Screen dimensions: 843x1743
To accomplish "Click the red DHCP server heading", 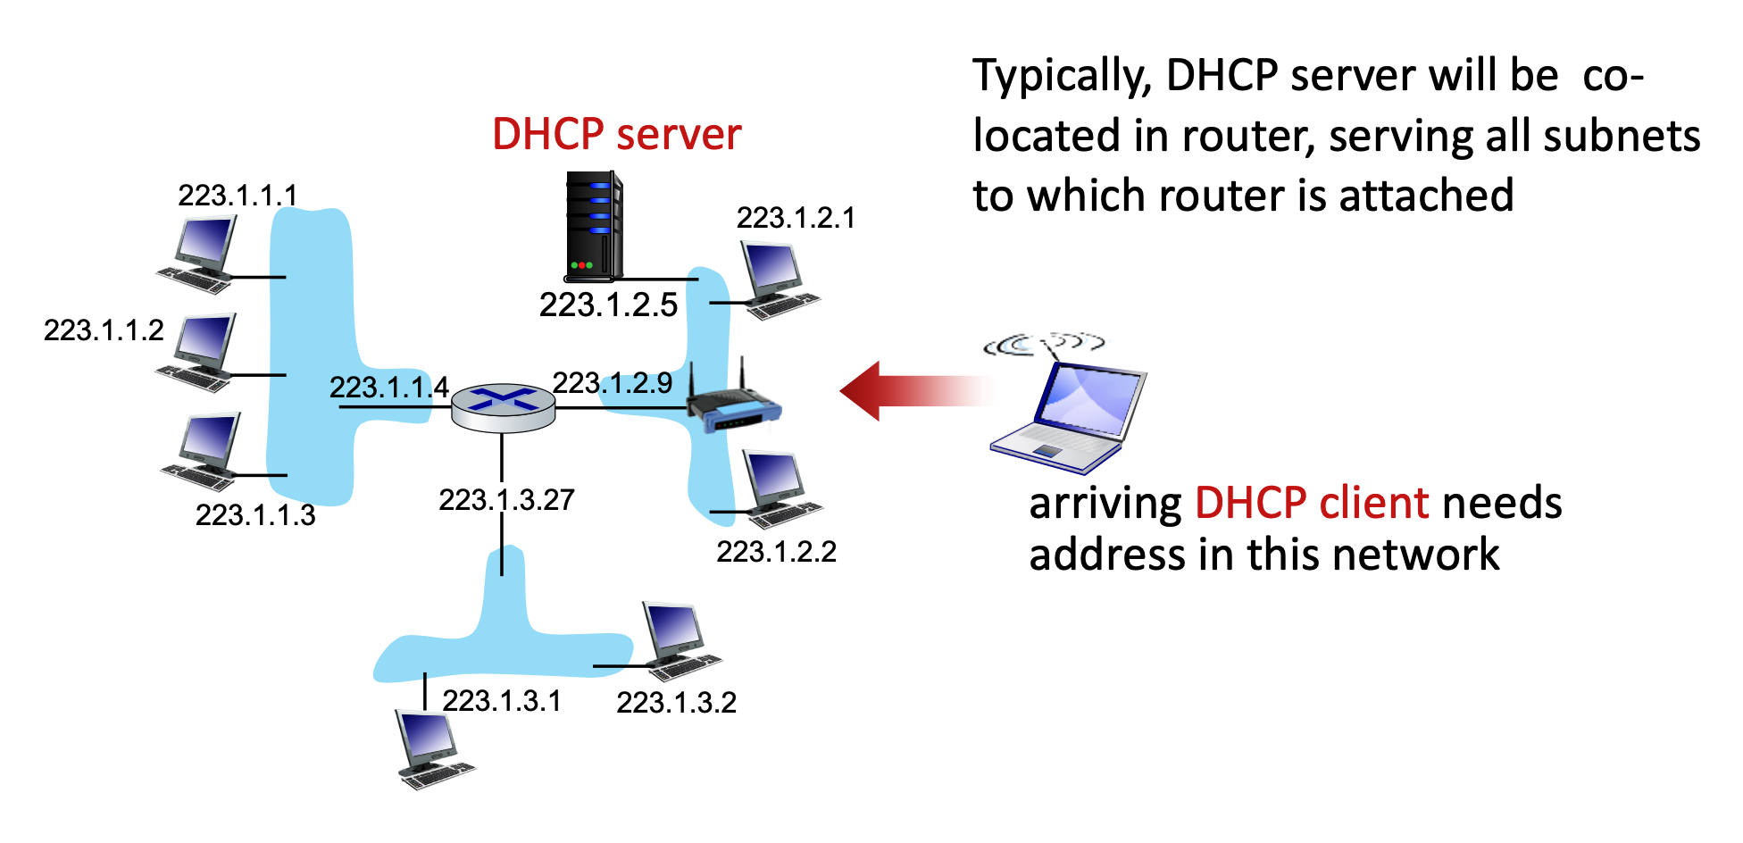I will [x=616, y=135].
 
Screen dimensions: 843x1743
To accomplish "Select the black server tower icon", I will [x=593, y=226].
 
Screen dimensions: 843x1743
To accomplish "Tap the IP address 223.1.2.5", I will [x=608, y=305].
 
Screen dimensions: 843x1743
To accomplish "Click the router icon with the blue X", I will [x=503, y=407].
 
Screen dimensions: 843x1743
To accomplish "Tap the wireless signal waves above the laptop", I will [x=1043, y=344].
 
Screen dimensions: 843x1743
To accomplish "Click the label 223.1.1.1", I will [x=238, y=196].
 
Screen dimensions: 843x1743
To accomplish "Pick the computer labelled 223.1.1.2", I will [x=200, y=351].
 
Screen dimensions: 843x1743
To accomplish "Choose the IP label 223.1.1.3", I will [x=255, y=515].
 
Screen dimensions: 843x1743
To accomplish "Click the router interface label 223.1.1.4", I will [x=388, y=388].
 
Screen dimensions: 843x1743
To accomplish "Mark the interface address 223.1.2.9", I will [x=612, y=383].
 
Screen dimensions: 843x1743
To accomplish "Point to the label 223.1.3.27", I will [x=506, y=500].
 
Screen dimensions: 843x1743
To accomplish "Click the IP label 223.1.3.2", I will [x=676, y=703].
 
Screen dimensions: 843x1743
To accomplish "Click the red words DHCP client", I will [x=1312, y=503].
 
